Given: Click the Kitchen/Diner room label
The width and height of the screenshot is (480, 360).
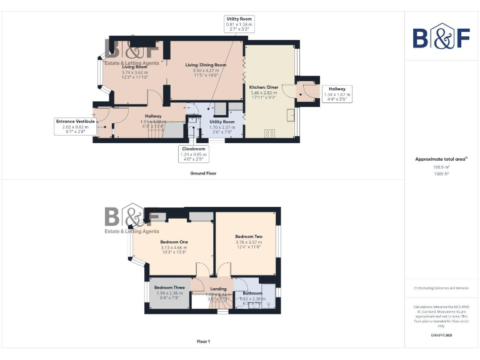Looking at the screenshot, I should (x=263, y=87).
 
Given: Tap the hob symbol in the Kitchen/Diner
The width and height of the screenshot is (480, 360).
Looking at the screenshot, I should (x=271, y=132).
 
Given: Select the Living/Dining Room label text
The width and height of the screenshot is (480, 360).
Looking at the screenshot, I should (x=206, y=65).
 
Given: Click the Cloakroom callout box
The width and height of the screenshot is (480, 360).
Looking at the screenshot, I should (x=192, y=152).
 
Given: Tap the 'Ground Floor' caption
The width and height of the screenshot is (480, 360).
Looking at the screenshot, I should (x=203, y=173).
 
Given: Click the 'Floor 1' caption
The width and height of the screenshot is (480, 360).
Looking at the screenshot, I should (x=203, y=342).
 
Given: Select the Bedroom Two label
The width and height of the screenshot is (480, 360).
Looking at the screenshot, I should (x=248, y=237).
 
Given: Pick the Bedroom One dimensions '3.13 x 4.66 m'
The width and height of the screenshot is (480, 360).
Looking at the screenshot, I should (x=173, y=247).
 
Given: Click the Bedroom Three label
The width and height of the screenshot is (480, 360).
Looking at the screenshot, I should (x=168, y=287).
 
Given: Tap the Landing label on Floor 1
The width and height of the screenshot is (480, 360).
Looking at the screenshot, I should (x=218, y=289).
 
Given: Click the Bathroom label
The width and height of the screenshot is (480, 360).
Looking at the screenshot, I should (x=252, y=293).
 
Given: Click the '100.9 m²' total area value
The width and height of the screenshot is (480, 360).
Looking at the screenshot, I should (x=441, y=167).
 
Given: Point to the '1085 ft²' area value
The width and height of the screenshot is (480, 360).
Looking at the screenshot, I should (x=441, y=174).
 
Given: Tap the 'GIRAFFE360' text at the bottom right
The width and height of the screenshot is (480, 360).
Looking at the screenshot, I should (x=441, y=336).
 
